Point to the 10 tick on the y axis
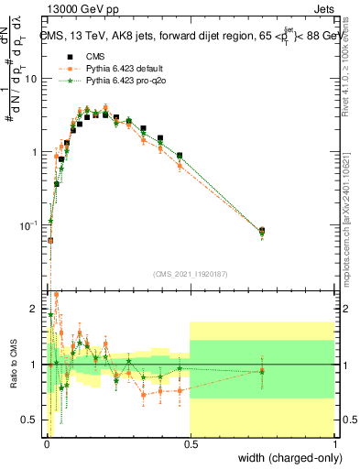(x=30, y=79)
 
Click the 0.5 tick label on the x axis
(x=190, y=444)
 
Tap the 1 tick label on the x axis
(x=335, y=444)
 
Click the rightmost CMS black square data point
(x=262, y=231)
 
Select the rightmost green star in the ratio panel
(x=262, y=371)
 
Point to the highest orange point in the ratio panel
(x=57, y=295)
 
